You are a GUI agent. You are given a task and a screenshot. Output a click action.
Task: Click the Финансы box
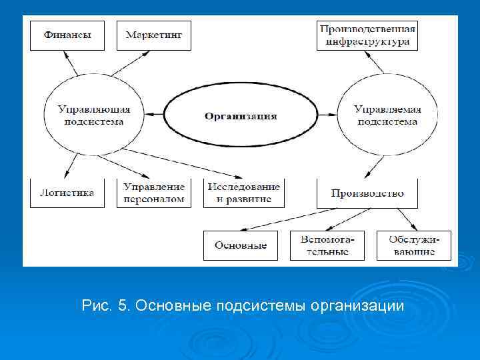pyautogui.click(x=67, y=35)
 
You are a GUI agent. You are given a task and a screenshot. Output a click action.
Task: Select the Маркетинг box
pyautogui.click(x=153, y=35)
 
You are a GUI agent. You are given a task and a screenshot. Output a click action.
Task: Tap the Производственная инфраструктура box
pyautogui.click(x=367, y=35)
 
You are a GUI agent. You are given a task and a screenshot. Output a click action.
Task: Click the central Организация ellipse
pyautogui.click(x=241, y=115)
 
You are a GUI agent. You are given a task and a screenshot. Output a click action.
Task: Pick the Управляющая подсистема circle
pyautogui.click(x=93, y=115)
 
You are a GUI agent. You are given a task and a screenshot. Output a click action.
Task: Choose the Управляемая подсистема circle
pyautogui.click(x=387, y=115)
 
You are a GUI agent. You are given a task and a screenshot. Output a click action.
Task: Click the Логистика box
pyautogui.click(x=67, y=193)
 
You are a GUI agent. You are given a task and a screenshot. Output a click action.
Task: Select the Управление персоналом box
pyautogui.click(x=153, y=193)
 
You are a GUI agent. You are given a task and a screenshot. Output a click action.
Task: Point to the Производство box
pyautogui.click(x=367, y=193)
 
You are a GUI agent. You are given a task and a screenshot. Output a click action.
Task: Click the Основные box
pyautogui.click(x=241, y=245)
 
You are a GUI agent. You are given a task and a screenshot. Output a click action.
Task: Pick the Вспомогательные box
pyautogui.click(x=327, y=245)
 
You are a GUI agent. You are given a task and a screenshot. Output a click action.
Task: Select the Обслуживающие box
pyautogui.click(x=413, y=245)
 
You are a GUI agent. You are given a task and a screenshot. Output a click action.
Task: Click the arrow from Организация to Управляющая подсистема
pyautogui.click(x=154, y=115)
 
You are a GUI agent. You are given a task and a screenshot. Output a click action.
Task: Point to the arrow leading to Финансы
pyautogui.click(x=71, y=63)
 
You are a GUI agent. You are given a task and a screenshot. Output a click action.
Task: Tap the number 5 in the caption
pyautogui.click(x=121, y=306)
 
